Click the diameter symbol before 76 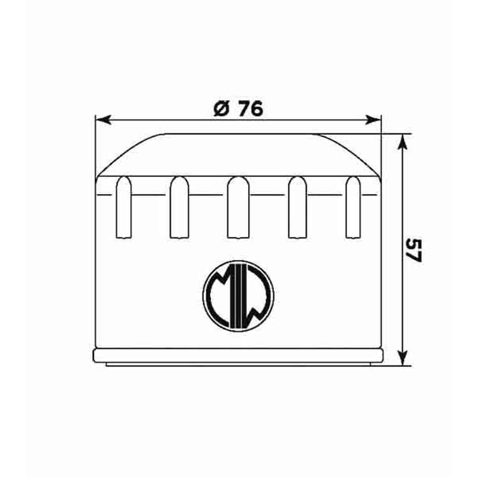(x=221, y=109)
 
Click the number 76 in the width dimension (x=250, y=109)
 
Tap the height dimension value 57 (x=414, y=250)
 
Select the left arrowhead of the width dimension (x=103, y=120)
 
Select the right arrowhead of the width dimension (x=373, y=120)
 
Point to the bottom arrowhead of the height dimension (x=402, y=357)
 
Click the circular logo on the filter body (x=238, y=296)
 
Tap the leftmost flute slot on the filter (x=124, y=207)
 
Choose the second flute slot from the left (x=179, y=207)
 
